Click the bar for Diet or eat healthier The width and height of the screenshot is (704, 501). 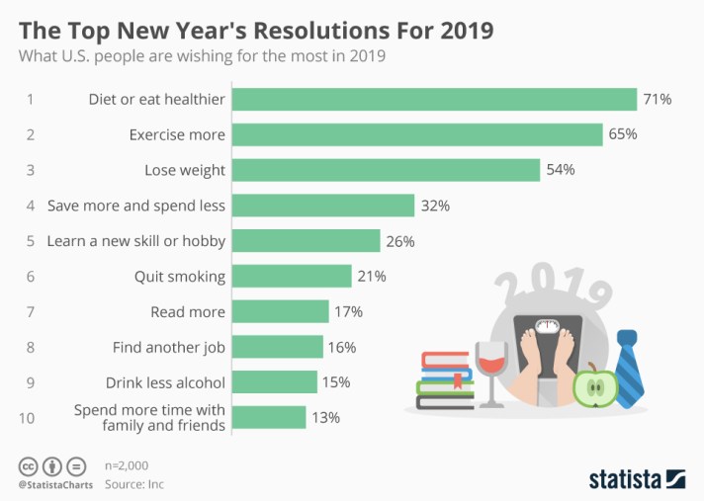(x=436, y=99)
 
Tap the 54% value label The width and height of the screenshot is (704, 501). (x=560, y=170)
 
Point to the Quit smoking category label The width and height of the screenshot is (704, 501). (x=179, y=277)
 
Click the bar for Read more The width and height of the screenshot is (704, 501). (x=283, y=311)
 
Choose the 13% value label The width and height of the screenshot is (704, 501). (x=325, y=418)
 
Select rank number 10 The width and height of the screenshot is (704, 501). (x=27, y=418)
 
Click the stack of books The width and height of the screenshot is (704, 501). (x=445, y=380)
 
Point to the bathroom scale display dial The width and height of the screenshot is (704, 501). (x=546, y=325)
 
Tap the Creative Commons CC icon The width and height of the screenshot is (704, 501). (x=28, y=465)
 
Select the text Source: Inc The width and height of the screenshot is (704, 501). (x=133, y=483)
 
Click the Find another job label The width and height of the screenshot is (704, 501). (x=169, y=348)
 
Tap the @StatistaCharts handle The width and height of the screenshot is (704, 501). (x=52, y=484)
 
